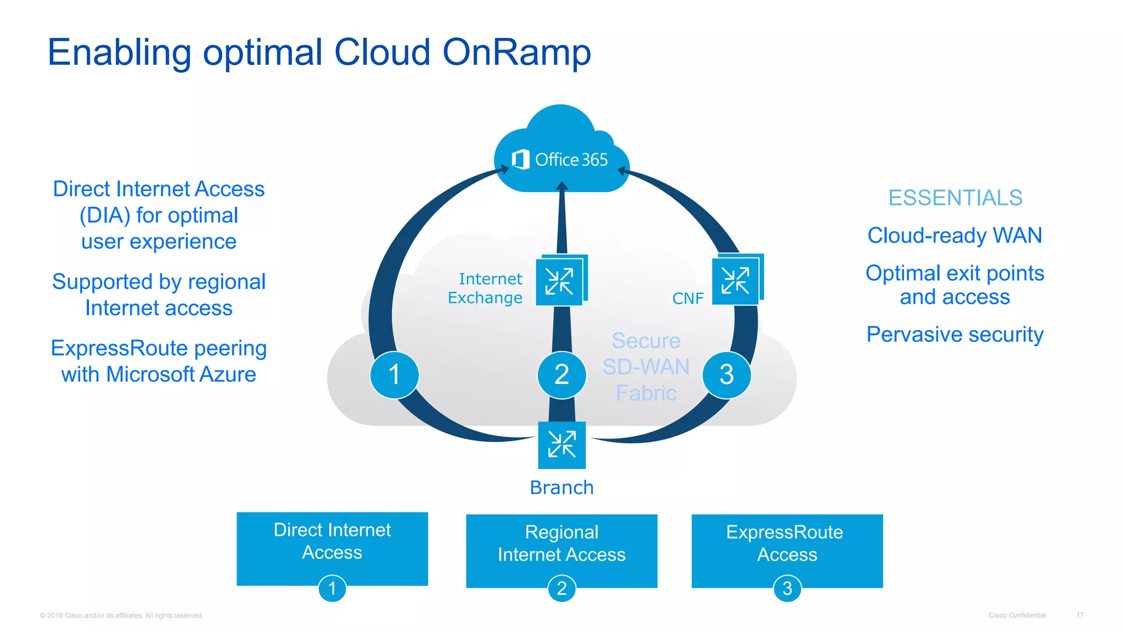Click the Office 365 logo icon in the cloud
[x=520, y=160]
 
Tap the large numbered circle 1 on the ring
[x=394, y=375]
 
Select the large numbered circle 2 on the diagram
[x=561, y=375]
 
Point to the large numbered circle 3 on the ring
[x=727, y=375]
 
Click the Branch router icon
[x=561, y=445]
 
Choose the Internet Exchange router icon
[x=560, y=281]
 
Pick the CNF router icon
[x=736, y=280]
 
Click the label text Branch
[x=561, y=488]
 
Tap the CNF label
[x=688, y=298]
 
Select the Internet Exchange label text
[x=486, y=288]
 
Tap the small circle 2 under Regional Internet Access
[x=561, y=589]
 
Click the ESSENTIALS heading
[x=955, y=198]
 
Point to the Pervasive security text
[x=955, y=335]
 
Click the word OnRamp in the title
[x=516, y=53]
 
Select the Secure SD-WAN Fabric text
[x=646, y=367]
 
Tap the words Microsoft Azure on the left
[x=181, y=375]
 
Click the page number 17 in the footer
[x=1080, y=615]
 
